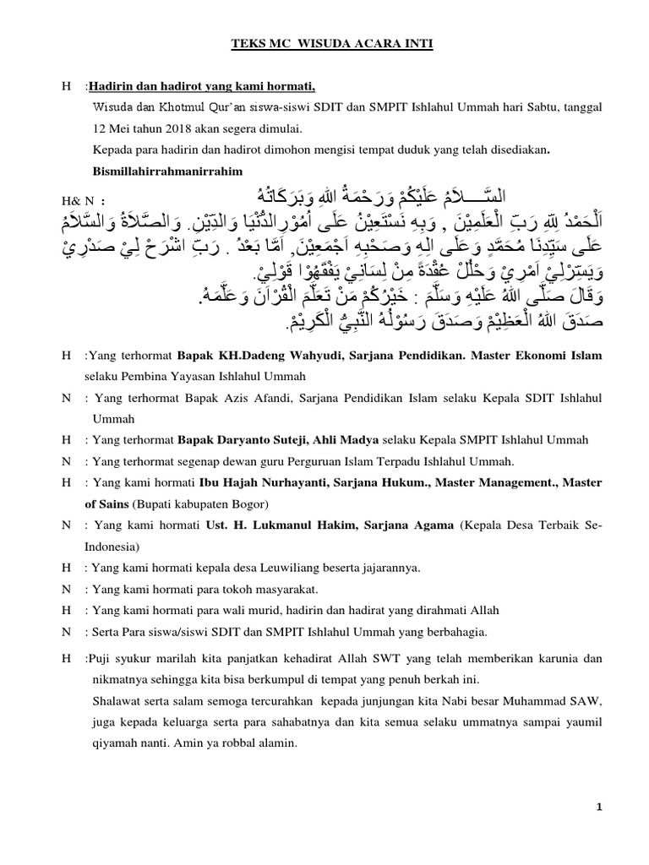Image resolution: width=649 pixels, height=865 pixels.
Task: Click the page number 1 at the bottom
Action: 599,807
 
